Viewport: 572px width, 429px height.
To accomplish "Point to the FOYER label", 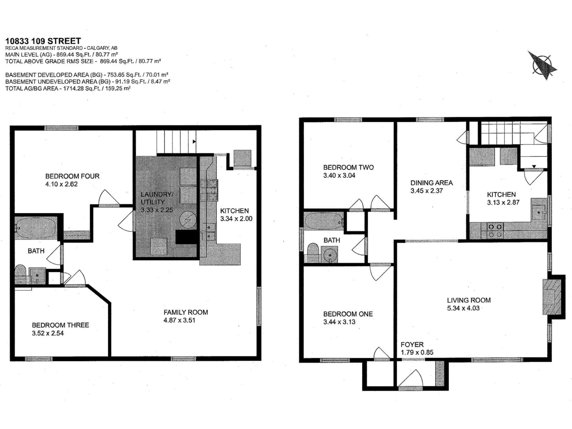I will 412,344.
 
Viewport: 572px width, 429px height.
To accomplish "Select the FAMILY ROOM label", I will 186,312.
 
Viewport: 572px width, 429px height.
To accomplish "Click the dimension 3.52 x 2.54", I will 48,333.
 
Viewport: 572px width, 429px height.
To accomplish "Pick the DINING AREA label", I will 432,183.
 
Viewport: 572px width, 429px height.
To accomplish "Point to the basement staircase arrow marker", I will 194,142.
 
